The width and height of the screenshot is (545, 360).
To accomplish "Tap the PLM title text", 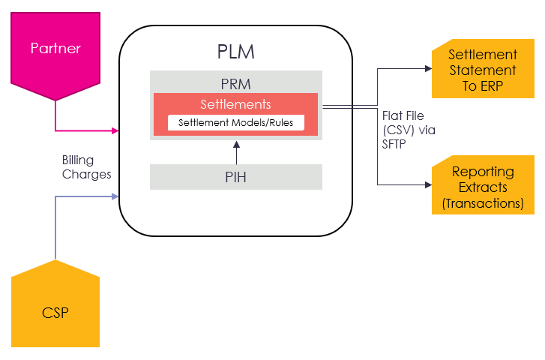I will click(235, 52).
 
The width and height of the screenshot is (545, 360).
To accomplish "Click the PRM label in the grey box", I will click(235, 84).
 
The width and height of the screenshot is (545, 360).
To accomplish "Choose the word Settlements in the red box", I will click(235, 104).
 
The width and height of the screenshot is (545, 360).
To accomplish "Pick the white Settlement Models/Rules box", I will click(235, 122).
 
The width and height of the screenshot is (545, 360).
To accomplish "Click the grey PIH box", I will click(235, 177).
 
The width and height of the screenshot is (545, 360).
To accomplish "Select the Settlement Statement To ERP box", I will click(483, 70).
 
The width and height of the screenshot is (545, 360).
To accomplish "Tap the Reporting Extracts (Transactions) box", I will click(483, 187).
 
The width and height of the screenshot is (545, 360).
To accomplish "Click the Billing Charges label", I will click(86, 167).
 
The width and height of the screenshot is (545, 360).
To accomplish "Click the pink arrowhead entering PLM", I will click(115, 130).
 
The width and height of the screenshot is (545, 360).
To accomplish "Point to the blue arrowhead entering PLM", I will click(115, 196).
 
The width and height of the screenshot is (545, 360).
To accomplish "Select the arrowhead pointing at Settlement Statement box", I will click(428, 68).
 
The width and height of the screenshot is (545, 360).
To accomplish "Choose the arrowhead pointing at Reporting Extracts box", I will click(428, 184).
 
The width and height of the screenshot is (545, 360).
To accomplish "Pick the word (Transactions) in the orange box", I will click(483, 202).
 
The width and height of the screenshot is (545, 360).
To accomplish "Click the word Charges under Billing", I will click(86, 174).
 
